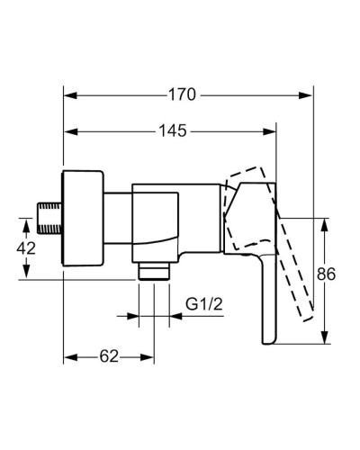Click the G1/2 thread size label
204,303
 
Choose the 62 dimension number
109,356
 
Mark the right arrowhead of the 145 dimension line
274,130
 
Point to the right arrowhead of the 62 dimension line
149,356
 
